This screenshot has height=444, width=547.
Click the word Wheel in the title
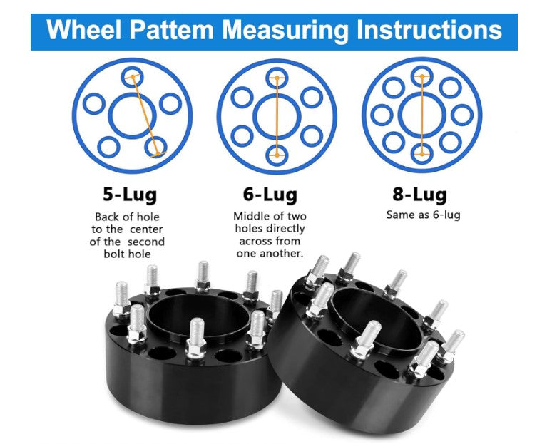(83, 30)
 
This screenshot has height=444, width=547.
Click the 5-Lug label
(130, 195)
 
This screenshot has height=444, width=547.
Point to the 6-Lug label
(270, 195)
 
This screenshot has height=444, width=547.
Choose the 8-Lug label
(419, 195)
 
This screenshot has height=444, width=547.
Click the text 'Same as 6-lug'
(423, 215)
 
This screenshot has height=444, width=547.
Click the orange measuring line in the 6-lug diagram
(277, 116)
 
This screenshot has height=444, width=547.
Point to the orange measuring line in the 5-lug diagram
(145, 115)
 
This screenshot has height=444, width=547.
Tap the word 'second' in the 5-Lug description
(145, 242)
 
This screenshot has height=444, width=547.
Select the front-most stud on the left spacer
(196, 337)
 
